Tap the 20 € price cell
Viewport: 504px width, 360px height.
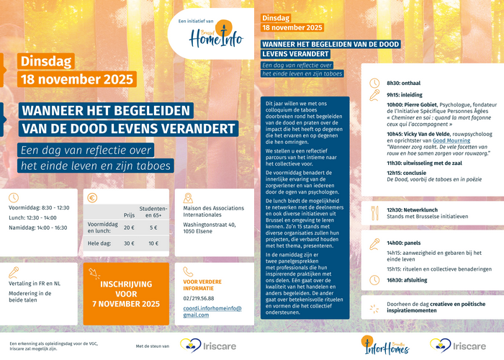(129, 227)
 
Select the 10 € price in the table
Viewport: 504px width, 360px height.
(153, 243)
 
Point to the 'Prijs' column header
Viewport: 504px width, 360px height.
(129, 214)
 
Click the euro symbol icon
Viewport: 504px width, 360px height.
(92, 199)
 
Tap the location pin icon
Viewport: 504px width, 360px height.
(188, 199)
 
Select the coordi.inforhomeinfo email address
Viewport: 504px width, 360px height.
(212, 311)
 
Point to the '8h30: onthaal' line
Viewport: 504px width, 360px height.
(403, 83)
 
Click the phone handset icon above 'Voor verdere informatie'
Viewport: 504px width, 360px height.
(188, 272)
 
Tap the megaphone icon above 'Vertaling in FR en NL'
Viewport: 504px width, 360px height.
(13, 272)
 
